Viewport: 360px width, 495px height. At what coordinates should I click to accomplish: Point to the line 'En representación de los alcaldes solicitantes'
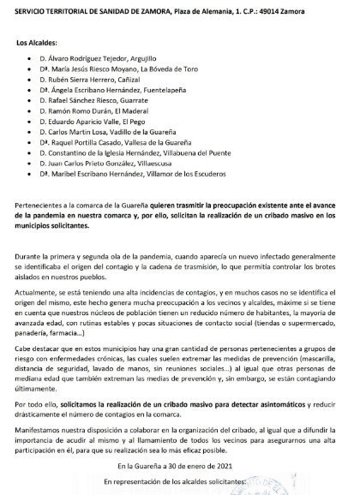click(179, 483)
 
